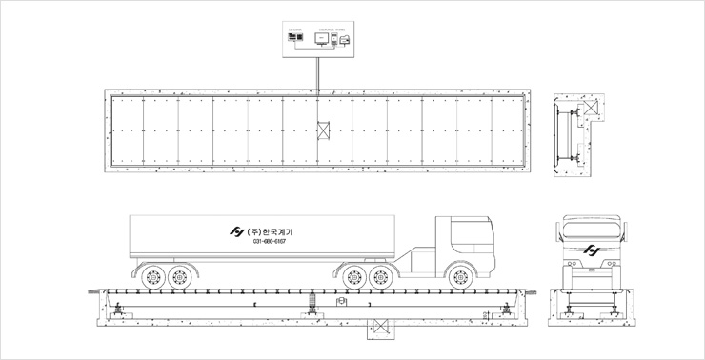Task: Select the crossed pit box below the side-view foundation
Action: tap(382, 327)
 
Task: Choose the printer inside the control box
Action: tap(345, 39)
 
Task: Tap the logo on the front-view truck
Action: tap(592, 251)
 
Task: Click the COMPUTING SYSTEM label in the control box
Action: tap(332, 29)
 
